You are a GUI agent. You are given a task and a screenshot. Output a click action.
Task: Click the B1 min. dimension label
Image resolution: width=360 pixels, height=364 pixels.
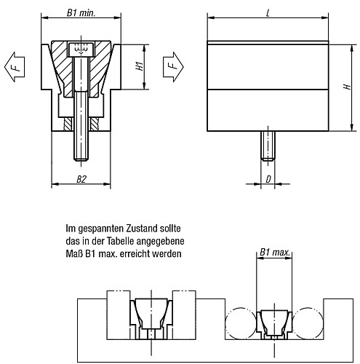(81, 14)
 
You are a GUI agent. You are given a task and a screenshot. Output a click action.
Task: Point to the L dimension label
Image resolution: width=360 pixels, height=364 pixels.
(269, 14)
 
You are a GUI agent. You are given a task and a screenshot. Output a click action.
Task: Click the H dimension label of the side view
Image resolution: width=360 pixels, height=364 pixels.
(348, 87)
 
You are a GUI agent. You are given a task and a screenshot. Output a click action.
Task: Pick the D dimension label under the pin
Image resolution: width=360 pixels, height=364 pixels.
(269, 178)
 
